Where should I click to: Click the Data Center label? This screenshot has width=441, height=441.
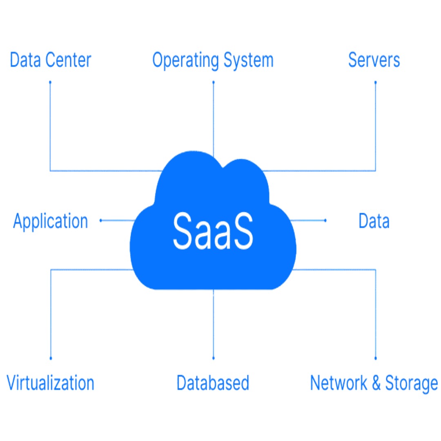(x=50, y=60)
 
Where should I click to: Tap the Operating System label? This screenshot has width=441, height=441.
(x=213, y=60)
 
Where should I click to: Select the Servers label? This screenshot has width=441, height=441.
(x=374, y=60)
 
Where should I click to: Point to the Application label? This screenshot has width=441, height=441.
(x=51, y=221)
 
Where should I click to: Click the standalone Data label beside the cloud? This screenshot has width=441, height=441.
(x=374, y=221)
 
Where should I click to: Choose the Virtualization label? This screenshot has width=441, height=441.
(x=51, y=383)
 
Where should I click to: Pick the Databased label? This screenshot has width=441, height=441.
(x=213, y=383)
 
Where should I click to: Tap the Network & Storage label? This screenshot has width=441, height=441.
(x=374, y=383)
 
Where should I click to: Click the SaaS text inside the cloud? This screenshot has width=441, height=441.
(x=213, y=231)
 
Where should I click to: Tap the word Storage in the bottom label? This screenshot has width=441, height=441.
(x=412, y=383)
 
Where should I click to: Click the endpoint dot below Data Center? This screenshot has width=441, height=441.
(x=50, y=82)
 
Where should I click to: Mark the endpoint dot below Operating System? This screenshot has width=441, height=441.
(x=213, y=82)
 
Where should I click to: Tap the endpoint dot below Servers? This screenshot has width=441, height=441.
(x=375, y=82)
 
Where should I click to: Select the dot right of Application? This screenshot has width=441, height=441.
(x=100, y=220)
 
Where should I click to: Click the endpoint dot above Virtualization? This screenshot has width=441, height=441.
(x=51, y=359)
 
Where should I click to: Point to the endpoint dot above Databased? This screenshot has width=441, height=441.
(x=213, y=359)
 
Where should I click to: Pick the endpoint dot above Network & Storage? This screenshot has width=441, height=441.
(x=375, y=359)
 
